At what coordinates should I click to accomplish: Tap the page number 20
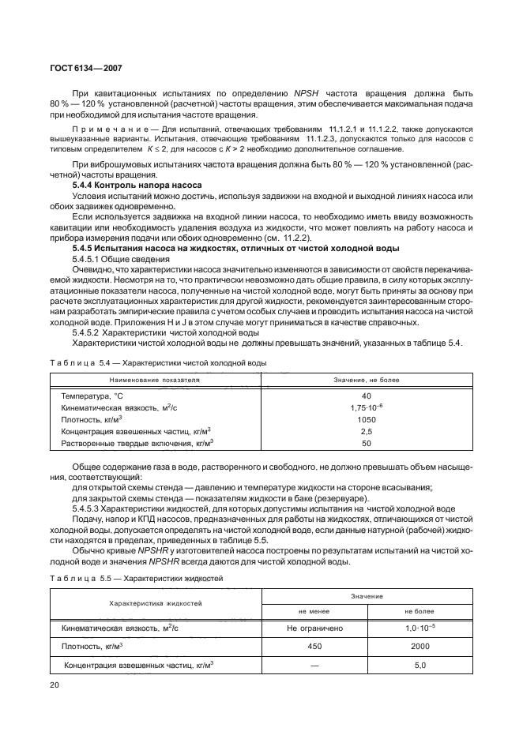[55, 685]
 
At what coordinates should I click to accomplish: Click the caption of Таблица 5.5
[137, 578]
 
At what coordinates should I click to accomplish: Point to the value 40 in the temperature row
[366, 396]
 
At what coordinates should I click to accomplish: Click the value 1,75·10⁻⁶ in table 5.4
[366, 407]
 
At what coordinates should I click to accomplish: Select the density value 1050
[366, 420]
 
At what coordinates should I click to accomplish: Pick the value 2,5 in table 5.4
[366, 432]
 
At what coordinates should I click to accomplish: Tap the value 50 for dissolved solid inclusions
[366, 445]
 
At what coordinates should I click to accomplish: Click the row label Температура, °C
[94, 396]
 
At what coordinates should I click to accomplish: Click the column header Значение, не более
[366, 380]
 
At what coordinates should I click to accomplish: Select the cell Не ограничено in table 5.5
[314, 628]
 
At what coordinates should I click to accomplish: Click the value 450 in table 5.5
[314, 646]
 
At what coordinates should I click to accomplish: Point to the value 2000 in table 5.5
[420, 646]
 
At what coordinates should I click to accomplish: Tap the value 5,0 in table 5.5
[420, 665]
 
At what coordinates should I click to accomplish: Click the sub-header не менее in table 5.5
[314, 610]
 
